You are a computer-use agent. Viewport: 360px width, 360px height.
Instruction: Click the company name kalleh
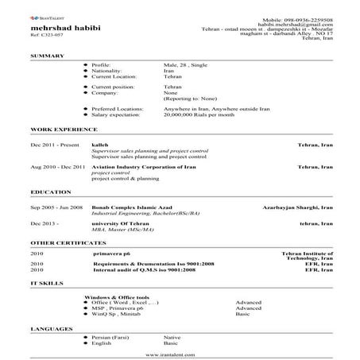click(x=101, y=145)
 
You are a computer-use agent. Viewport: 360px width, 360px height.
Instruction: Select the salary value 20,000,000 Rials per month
click(x=200, y=114)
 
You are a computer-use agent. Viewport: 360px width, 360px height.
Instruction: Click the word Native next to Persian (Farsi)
click(x=172, y=337)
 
